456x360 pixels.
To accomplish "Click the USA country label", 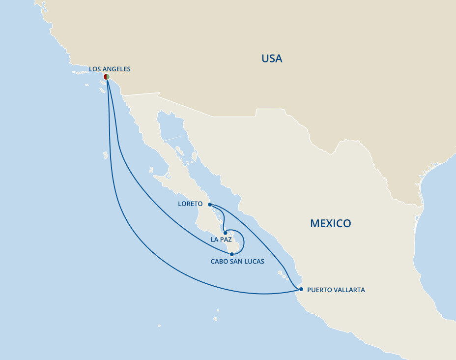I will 272,59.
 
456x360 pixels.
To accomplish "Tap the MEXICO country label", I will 330,223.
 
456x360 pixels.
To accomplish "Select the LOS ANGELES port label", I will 110,69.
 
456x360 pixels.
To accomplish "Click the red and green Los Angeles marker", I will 107,77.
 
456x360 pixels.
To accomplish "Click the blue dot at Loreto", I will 210,204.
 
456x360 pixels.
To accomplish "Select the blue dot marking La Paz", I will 225,233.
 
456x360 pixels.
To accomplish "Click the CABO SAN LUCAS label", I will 237,262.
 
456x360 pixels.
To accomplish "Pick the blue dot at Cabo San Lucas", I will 232,254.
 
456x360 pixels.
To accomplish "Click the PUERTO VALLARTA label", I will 336,290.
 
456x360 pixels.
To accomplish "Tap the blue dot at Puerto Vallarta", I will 301,289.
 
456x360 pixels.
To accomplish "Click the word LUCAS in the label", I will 254,262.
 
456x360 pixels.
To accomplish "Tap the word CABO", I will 219,262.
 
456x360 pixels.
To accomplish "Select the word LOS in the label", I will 94,69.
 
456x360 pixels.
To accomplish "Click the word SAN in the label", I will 236,262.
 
